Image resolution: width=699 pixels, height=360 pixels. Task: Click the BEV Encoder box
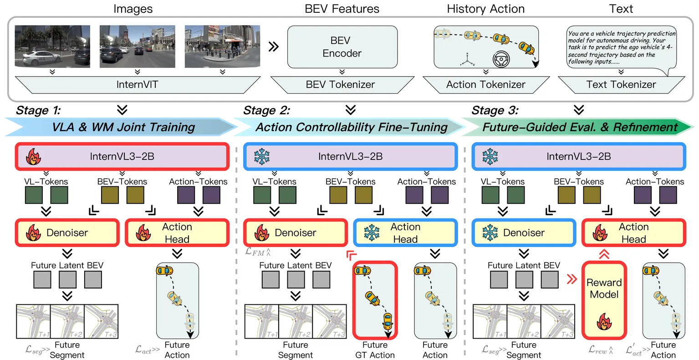click(x=342, y=47)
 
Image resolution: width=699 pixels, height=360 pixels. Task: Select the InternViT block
click(x=137, y=84)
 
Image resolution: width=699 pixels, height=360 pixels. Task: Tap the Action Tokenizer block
click(x=485, y=84)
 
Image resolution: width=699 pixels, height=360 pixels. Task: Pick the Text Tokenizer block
click(x=621, y=84)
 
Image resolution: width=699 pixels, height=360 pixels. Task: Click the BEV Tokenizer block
click(x=341, y=84)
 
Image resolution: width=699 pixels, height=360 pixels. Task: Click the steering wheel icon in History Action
click(x=501, y=60)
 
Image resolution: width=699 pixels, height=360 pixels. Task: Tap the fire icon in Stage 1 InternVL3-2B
click(x=33, y=157)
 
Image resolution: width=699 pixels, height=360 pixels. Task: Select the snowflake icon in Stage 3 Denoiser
click(x=490, y=233)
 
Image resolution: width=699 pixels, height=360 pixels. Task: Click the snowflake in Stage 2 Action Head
click(x=372, y=233)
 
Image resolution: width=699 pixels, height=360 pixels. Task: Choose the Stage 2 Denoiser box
click(x=295, y=233)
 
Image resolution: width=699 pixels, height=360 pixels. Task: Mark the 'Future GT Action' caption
click(x=375, y=350)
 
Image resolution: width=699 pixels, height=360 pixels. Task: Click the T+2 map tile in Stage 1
click(x=67, y=321)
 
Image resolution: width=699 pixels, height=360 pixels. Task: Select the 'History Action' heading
click(x=485, y=9)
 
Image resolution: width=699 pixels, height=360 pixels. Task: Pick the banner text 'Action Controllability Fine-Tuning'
click(x=351, y=127)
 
